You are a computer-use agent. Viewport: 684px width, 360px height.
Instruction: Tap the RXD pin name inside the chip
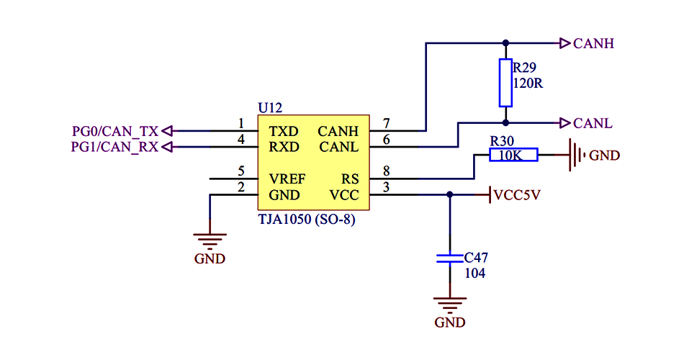[x=283, y=147]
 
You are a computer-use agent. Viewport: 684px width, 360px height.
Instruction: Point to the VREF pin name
[x=287, y=179]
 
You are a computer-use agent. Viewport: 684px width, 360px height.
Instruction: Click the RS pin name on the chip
[x=349, y=179]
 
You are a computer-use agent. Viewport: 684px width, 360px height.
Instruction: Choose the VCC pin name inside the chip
[x=344, y=195]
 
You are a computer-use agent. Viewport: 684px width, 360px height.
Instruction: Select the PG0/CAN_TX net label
[x=115, y=131]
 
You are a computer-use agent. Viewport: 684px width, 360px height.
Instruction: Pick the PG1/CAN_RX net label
[x=115, y=147]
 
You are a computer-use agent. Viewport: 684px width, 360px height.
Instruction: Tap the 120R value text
[x=527, y=83]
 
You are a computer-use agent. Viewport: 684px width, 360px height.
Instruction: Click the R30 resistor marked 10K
[x=513, y=155]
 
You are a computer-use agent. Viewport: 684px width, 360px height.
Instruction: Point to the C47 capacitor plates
[x=450, y=258]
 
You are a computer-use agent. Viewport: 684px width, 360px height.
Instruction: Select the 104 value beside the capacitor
[x=474, y=274]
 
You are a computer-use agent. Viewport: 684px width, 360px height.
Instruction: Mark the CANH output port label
[x=593, y=43]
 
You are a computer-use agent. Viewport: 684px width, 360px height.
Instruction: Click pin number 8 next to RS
[x=387, y=171]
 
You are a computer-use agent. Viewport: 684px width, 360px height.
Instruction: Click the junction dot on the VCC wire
[x=450, y=194]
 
